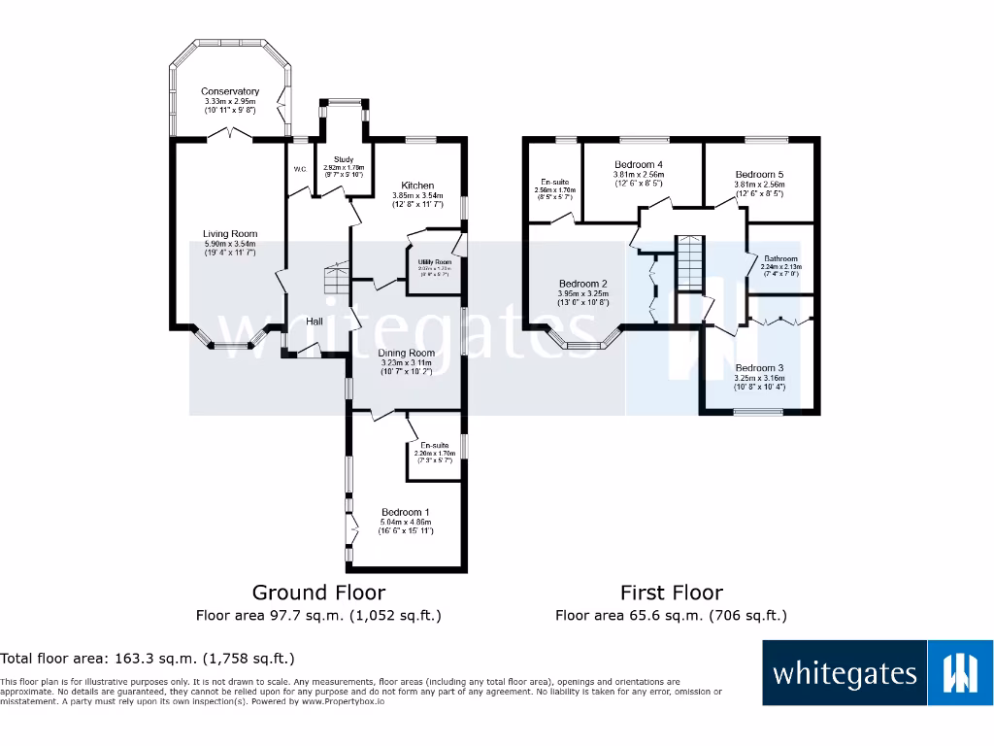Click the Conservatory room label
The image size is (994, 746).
[230, 91]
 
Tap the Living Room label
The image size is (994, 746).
[230, 234]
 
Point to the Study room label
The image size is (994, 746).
[344, 159]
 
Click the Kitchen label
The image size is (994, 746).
[417, 186]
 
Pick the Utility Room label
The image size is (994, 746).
[436, 262]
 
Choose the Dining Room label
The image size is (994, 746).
[407, 353]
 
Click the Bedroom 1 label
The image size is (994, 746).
[405, 512]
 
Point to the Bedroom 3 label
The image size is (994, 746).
[759, 368]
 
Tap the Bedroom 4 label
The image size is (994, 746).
[640, 164]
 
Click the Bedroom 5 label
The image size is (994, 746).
[759, 174]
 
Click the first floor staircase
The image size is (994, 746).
[687, 262]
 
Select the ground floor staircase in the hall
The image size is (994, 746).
[335, 281]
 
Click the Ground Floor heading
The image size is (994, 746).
[318, 593]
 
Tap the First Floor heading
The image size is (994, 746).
[671, 593]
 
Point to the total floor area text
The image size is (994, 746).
[147, 659]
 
